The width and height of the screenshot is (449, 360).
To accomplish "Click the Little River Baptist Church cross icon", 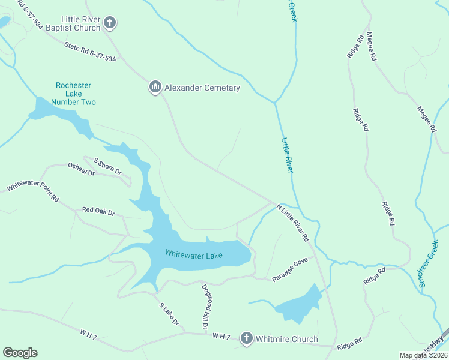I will (110, 23).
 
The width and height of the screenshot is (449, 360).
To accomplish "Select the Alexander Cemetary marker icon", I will (155, 88).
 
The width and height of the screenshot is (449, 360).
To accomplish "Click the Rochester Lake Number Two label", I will (73, 94).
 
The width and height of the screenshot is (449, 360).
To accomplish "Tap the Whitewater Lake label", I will (194, 255).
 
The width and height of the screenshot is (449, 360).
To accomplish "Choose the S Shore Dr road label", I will (107, 166).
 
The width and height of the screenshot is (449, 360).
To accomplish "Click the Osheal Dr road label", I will (82, 169).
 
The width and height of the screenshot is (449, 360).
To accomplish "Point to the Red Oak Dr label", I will (98, 211).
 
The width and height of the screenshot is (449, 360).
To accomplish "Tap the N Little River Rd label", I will (292, 220).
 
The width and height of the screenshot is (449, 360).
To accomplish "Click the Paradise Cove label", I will (289, 270).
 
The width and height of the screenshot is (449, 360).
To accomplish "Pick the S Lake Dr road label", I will (169, 314).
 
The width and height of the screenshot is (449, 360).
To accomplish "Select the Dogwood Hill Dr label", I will (205, 306).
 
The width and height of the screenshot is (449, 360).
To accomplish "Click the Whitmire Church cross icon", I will (246, 339).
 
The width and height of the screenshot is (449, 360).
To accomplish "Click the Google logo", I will (20, 353).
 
